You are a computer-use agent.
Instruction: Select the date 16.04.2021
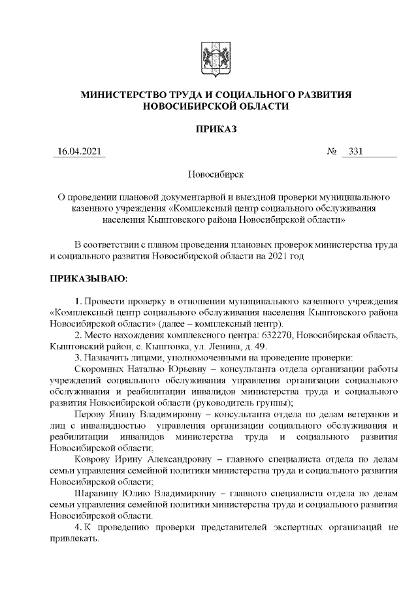79,153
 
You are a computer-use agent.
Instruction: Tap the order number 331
357,153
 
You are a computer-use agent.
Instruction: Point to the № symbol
330,153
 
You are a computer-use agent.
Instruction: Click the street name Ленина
249,346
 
